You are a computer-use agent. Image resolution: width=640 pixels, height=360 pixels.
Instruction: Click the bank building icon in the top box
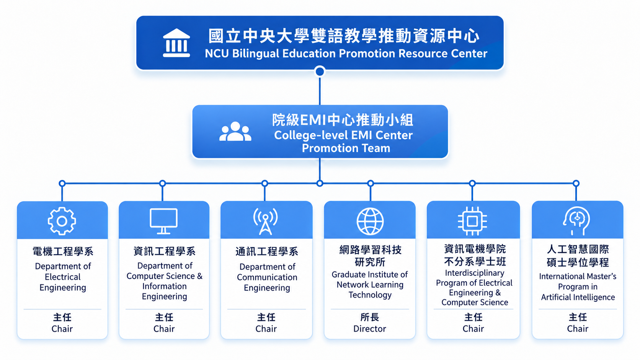click(x=176, y=43)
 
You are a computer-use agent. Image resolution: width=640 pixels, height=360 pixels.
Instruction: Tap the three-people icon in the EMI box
click(x=235, y=131)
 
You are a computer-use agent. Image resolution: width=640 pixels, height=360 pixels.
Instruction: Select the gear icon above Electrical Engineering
click(x=62, y=221)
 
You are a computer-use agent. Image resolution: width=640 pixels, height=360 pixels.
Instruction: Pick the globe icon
click(x=370, y=222)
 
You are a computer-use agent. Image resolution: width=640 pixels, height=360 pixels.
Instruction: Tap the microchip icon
click(x=472, y=221)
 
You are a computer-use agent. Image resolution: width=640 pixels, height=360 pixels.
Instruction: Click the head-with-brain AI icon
click(x=576, y=221)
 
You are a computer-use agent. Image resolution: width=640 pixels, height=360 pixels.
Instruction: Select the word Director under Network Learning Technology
click(x=370, y=329)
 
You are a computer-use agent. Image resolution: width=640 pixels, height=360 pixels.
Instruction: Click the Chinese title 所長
click(x=370, y=317)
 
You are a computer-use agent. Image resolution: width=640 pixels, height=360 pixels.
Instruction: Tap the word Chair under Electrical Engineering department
click(x=62, y=329)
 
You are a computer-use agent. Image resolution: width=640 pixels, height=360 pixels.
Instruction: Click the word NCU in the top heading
click(x=217, y=54)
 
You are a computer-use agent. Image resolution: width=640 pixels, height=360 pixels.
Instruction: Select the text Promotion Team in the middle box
click(x=346, y=148)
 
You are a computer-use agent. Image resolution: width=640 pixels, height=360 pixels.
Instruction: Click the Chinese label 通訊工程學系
click(x=266, y=251)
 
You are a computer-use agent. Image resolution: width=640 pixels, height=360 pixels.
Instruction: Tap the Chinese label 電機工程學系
click(x=63, y=251)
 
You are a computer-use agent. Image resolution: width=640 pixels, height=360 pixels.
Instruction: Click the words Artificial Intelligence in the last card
click(x=578, y=297)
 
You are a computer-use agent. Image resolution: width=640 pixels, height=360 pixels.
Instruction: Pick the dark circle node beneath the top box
click(x=320, y=72)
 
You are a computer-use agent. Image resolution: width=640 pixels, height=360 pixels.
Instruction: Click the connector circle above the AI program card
click(x=576, y=183)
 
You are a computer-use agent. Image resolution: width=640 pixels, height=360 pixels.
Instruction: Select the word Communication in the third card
click(x=267, y=277)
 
